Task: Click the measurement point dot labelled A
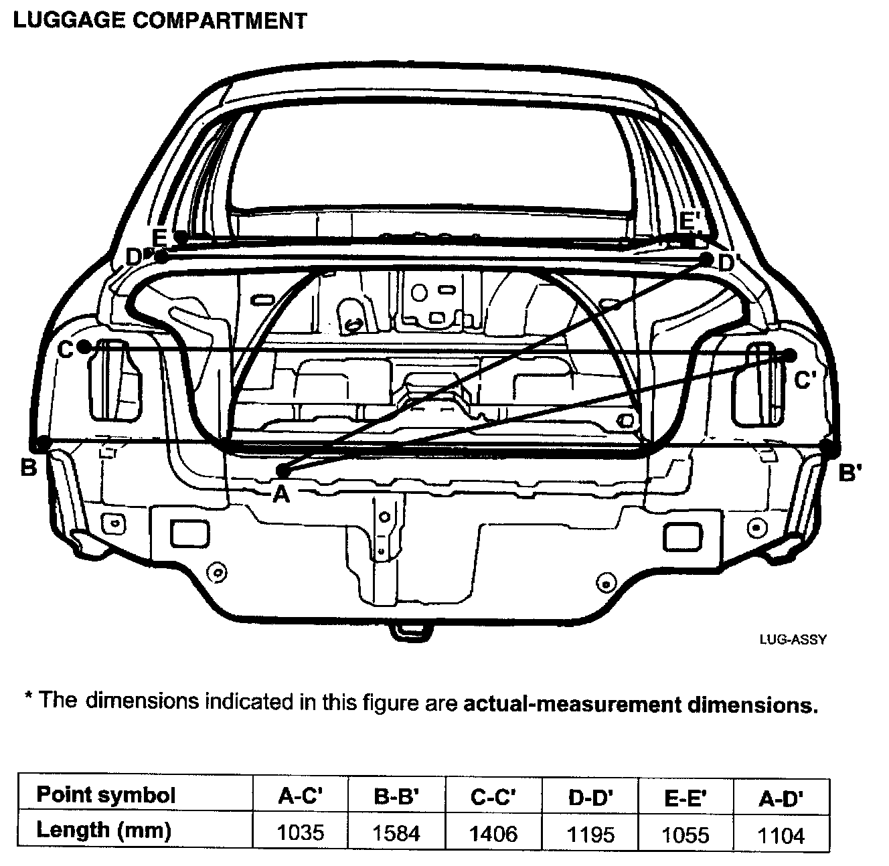point(282,470)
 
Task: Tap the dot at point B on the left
point(42,442)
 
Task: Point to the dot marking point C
point(84,347)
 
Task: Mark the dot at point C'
point(790,355)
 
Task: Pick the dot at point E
point(180,236)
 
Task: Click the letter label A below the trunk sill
point(281,494)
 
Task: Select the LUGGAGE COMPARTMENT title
point(160,20)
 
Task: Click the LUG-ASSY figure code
point(793,639)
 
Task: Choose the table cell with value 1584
point(396,833)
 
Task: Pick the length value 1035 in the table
point(301,833)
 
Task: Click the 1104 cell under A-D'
point(781,835)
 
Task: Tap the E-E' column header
point(685,797)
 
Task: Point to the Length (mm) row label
point(104,831)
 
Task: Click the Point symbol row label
point(106,795)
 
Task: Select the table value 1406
point(493,834)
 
